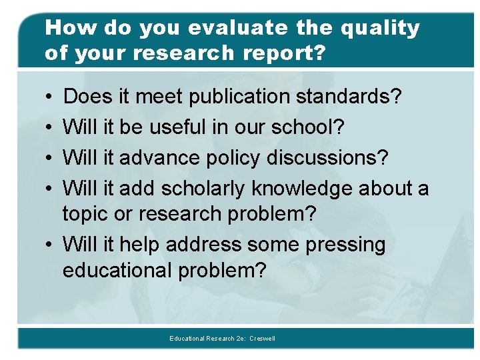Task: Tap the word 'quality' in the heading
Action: point(379,28)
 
